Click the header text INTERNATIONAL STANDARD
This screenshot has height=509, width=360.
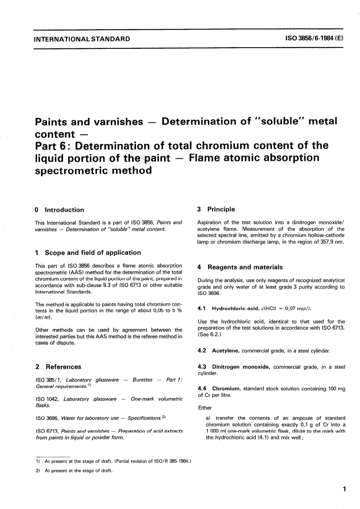(x=82, y=39)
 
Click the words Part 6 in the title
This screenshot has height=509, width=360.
(x=53, y=146)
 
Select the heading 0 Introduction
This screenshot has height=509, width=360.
(x=59, y=210)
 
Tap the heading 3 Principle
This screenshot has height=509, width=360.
(x=216, y=209)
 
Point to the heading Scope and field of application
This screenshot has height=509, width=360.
(x=92, y=253)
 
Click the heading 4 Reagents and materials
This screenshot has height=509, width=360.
(x=240, y=267)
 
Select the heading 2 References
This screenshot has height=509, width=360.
(x=58, y=367)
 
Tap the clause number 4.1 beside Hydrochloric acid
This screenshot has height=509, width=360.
(x=202, y=309)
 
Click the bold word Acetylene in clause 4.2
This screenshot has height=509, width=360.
(x=225, y=351)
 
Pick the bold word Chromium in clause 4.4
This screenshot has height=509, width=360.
(x=226, y=389)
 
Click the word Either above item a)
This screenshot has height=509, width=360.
(x=205, y=408)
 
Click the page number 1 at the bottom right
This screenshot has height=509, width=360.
(x=344, y=489)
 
